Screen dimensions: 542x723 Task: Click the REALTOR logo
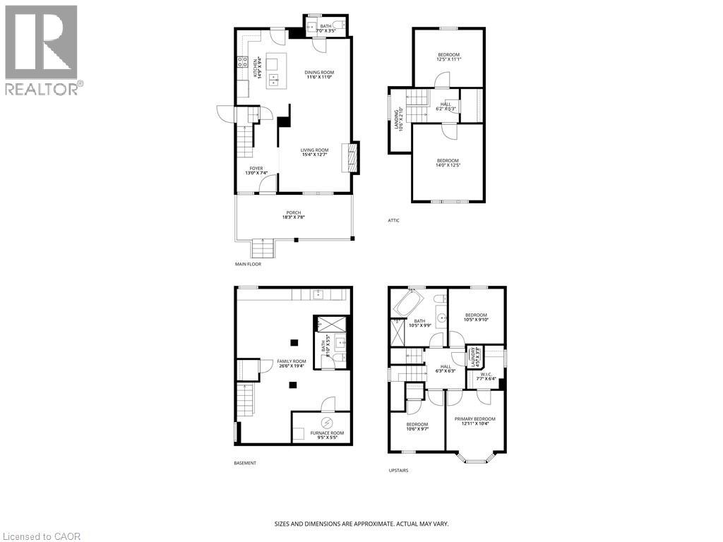(42, 49)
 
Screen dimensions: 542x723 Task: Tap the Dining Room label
(319, 75)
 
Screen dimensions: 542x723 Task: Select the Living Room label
(314, 152)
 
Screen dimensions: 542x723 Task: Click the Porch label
(293, 215)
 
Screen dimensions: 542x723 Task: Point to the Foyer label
(256, 171)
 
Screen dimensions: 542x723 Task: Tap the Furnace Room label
(321, 435)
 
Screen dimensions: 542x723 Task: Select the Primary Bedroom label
(474, 421)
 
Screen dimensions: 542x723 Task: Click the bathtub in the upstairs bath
(408, 305)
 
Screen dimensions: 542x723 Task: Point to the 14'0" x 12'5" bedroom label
(448, 163)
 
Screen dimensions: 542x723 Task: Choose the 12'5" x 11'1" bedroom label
(448, 58)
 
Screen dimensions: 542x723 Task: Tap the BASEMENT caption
(245, 463)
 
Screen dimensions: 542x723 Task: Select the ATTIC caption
(393, 220)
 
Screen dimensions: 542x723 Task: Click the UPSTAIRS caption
(398, 471)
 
